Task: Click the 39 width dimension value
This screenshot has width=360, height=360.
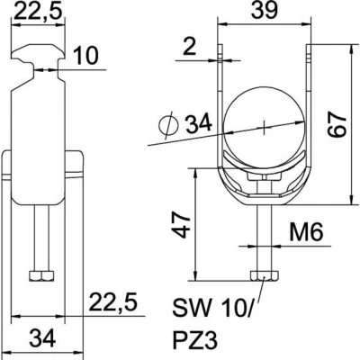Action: coord(265,10)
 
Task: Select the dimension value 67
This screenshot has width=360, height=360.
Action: coord(337,124)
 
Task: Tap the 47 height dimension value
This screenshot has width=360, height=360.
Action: coord(183,226)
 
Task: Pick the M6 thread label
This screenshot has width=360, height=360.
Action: coord(306,232)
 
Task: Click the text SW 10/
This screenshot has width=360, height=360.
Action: coord(212,307)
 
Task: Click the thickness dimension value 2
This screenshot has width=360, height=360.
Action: coord(189,47)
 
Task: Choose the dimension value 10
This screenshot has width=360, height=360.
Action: coord(85,56)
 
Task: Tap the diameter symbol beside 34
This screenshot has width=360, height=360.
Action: coord(168,125)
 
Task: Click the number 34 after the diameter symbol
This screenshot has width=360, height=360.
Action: coord(199,123)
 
